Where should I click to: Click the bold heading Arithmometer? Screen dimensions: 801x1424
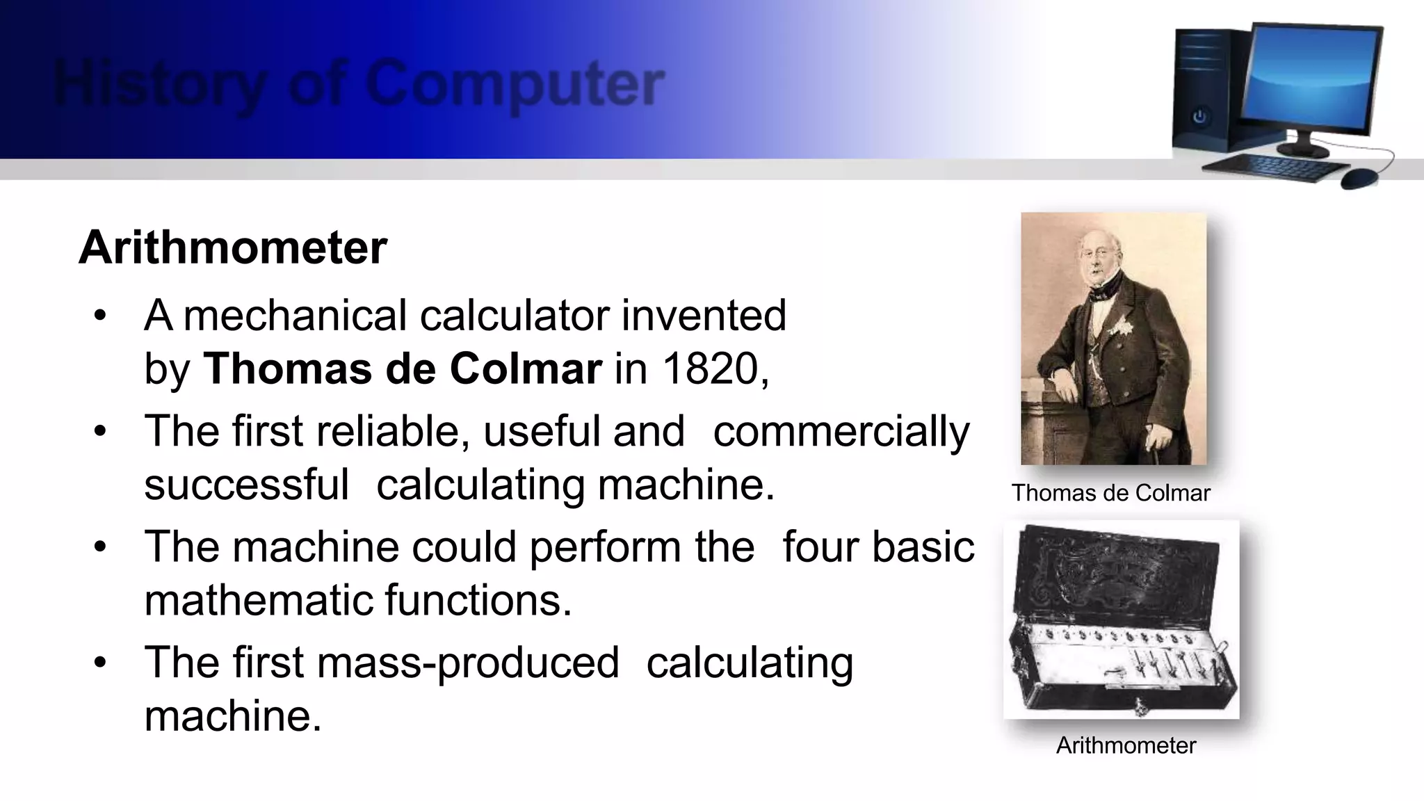pos(233,248)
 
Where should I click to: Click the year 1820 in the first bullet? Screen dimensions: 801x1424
pos(709,369)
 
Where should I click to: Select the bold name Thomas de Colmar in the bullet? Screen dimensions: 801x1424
pos(402,369)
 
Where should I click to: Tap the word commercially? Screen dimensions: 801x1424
pos(841,432)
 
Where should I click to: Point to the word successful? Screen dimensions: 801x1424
pos(246,485)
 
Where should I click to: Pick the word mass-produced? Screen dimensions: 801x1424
pos(467,663)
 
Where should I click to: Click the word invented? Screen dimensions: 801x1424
pos(703,316)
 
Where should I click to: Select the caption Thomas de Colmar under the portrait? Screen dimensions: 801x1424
pos(1110,493)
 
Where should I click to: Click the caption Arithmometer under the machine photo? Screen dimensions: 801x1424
pos(1126,745)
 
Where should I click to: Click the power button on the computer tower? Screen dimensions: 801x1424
pos(1199,117)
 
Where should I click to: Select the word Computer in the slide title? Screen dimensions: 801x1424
pos(515,84)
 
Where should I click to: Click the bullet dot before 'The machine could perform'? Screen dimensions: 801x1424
pos(101,547)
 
